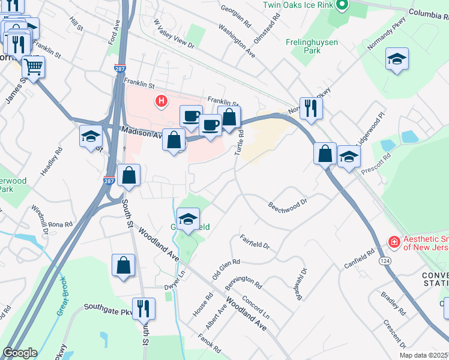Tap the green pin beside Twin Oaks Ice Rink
click(x=342, y=5)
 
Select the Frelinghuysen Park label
click(x=312, y=46)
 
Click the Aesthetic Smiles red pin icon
click(x=394, y=242)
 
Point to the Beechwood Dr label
click(x=288, y=206)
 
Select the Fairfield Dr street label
click(x=255, y=242)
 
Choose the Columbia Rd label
click(x=429, y=13)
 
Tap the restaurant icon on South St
click(x=143, y=308)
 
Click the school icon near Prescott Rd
click(x=348, y=157)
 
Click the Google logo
click(x=20, y=353)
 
